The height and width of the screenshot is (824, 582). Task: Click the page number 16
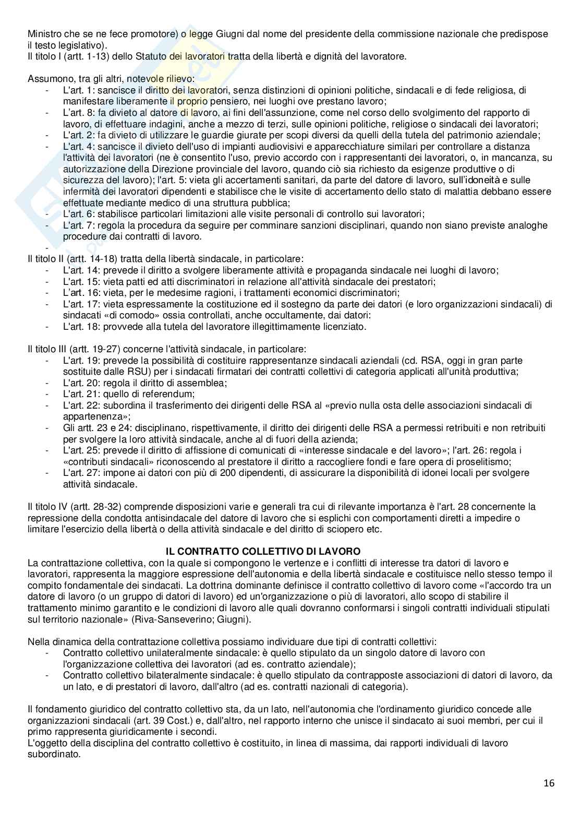(x=549, y=783)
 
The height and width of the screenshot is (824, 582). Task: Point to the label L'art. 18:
(x=81, y=327)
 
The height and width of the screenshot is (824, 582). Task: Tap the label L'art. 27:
(x=81, y=473)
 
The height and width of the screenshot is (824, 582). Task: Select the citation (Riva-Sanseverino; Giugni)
(x=206, y=619)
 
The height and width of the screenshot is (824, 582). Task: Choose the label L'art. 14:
(x=81, y=270)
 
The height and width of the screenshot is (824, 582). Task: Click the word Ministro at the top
(x=44, y=34)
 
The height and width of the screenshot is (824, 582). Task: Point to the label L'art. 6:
(x=79, y=214)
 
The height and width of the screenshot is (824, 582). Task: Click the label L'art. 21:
(x=81, y=394)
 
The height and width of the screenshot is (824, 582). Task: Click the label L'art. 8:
(x=79, y=113)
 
